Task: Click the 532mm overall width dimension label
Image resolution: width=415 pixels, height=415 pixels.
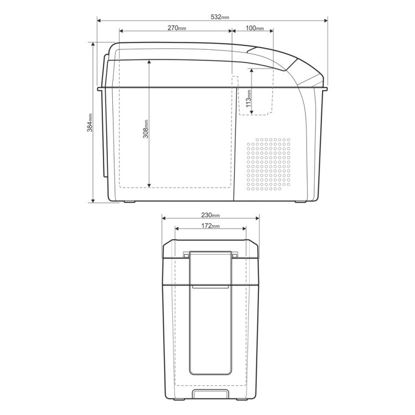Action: [220, 17]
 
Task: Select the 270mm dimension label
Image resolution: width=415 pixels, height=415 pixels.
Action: [177, 28]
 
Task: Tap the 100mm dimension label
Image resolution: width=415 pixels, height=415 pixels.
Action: [255, 28]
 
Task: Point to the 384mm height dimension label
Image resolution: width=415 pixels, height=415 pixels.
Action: [90, 122]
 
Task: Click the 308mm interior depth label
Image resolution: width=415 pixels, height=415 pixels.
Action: [146, 129]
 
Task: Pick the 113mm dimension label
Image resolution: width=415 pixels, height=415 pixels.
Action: [248, 98]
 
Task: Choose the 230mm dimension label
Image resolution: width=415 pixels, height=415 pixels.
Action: [210, 215]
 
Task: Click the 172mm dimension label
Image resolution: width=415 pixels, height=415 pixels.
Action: [210, 226]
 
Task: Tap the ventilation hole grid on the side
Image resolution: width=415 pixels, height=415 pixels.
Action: [268, 164]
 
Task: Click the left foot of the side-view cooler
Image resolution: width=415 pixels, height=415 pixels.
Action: [129, 201]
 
